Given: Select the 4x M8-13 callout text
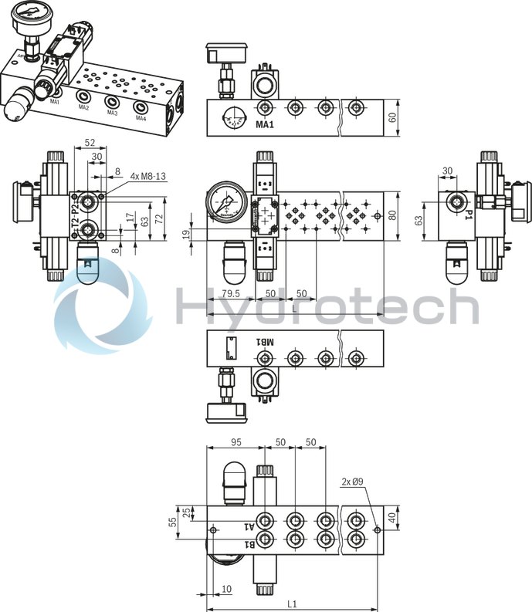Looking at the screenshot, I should [148, 176].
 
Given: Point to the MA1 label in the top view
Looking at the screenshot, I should [266, 124].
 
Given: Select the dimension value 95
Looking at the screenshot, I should [236, 442].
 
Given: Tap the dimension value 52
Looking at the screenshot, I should [90, 142].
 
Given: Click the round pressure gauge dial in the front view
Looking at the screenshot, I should [227, 206].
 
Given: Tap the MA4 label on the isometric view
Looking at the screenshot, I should [141, 118].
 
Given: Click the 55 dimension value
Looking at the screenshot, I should [174, 522].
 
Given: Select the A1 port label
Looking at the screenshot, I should [249, 527].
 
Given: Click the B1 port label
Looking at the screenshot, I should [249, 545].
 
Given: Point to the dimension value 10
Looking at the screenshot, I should [225, 589].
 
